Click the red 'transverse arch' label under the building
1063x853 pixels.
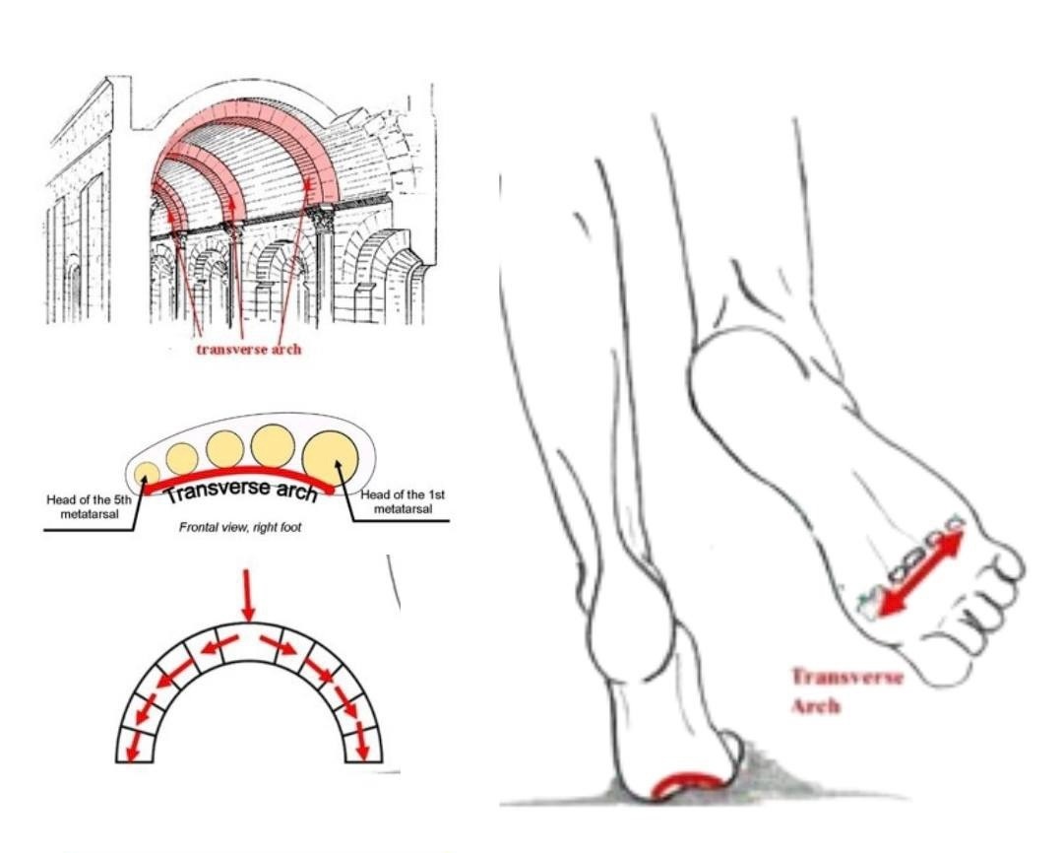pos(247,350)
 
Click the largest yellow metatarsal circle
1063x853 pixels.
pos(330,457)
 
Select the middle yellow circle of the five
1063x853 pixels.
pos(224,449)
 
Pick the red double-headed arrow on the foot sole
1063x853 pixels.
pos(921,572)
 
